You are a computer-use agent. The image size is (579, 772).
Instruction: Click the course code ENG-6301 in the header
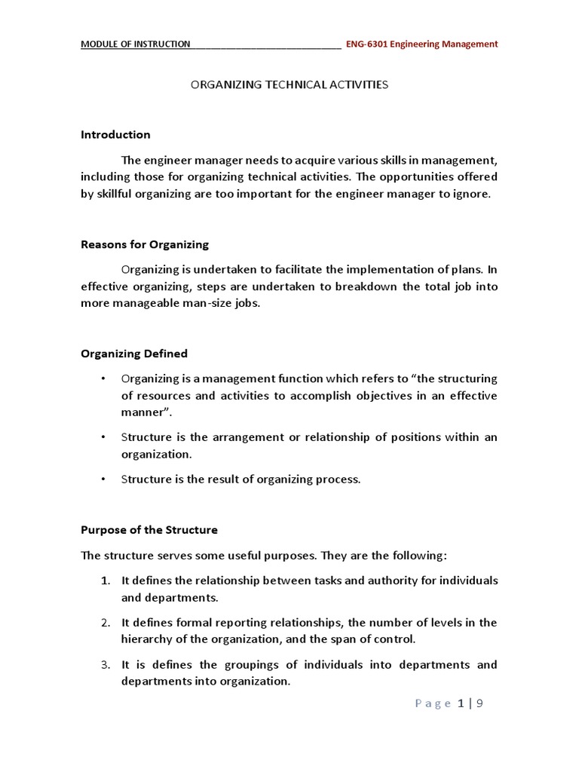pos(368,44)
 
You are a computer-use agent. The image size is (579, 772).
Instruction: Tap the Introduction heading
pos(115,134)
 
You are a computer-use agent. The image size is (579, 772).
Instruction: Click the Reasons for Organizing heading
pos(145,244)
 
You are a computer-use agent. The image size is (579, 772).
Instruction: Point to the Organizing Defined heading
pos(134,354)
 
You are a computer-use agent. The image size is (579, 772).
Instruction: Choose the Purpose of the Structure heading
pos(149,530)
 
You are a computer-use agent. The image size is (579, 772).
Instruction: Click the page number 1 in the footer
pos(460,704)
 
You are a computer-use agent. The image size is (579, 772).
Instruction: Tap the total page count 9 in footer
pos(479,704)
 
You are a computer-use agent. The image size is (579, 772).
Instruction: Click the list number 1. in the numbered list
pos(105,581)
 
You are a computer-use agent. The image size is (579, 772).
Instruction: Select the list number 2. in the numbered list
pos(105,623)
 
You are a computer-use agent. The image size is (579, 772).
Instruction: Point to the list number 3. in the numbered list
pos(105,665)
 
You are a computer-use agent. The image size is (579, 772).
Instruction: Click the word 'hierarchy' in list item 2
pos(147,639)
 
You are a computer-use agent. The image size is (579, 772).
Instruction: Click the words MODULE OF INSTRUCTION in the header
pos(136,44)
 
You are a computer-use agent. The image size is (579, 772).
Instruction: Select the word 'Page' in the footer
pos(432,704)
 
